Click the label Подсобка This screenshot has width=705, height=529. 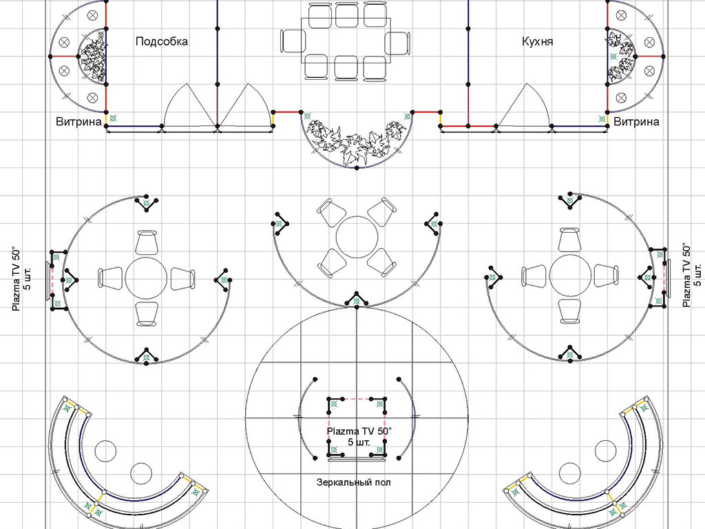pos(161,41)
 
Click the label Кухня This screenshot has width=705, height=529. pos(537,41)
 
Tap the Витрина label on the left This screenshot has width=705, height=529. pos(79,121)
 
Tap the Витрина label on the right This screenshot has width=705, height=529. pos(636,121)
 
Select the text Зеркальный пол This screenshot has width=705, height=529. pos(354,482)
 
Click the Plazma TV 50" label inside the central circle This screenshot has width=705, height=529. pos(359,436)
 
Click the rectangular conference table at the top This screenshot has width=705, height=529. pos(346,41)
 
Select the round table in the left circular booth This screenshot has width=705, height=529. pos(146,278)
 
